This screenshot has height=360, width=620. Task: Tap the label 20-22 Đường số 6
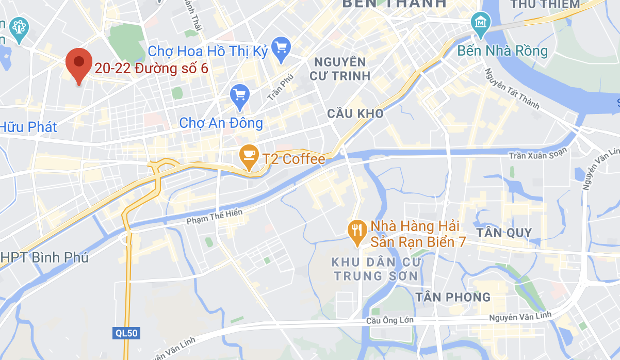click(151, 69)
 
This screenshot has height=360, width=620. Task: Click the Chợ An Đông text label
click(221, 123)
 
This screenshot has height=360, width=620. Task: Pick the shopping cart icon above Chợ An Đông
click(240, 96)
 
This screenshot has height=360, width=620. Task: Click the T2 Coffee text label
click(294, 159)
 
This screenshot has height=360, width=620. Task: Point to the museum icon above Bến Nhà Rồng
click(481, 24)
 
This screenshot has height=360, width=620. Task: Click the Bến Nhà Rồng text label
click(503, 51)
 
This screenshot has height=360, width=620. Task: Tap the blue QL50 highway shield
click(125, 333)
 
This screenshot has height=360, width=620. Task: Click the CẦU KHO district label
click(356, 113)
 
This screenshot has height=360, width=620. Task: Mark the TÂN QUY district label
click(504, 233)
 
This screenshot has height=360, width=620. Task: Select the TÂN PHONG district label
click(453, 297)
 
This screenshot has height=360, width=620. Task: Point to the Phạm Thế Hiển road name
click(214, 216)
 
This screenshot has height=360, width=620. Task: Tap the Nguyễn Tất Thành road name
click(511, 88)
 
